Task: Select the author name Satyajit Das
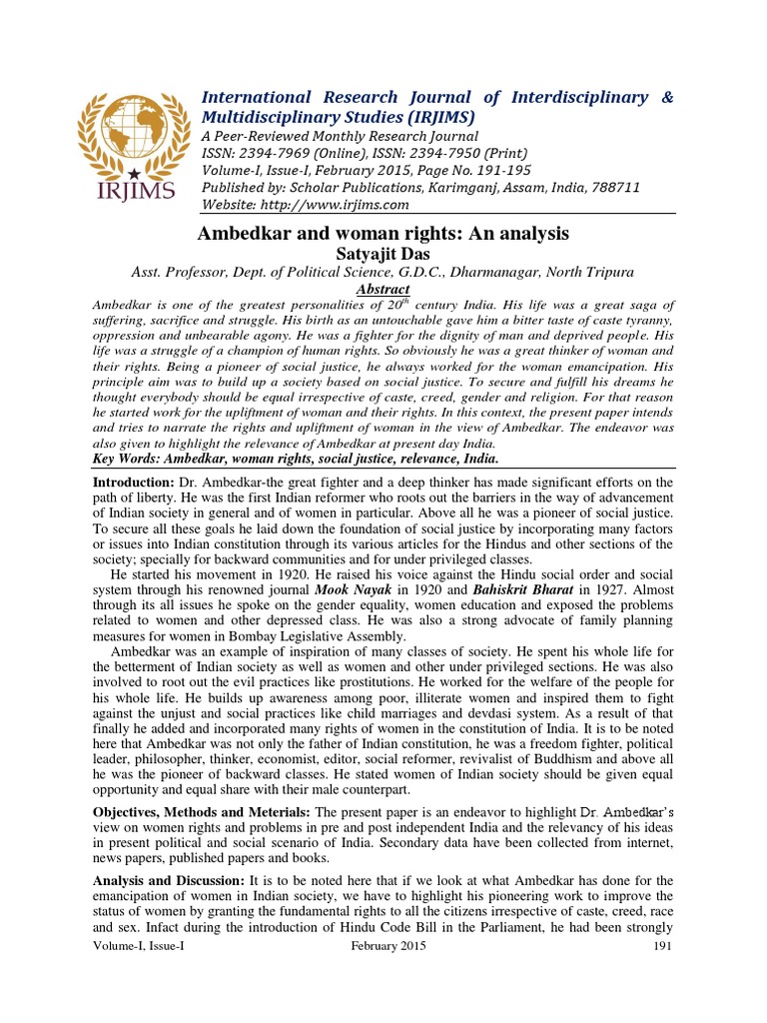pos(383,254)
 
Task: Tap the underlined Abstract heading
pos(383,290)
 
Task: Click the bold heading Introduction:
pos(135,483)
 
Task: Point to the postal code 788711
pos(614,188)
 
